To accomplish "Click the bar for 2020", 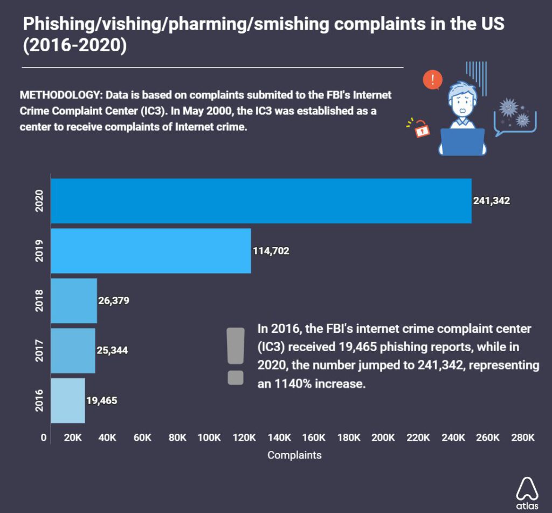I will point(261,201).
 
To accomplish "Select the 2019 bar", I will point(150,251).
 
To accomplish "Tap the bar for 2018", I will point(73,300).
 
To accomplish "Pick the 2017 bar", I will point(73,351).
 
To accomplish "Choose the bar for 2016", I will point(67,400).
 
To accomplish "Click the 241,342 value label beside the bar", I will point(492,201).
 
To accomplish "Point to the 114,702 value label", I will point(271,251).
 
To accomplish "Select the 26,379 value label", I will point(114,300).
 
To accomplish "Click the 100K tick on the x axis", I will point(211,437).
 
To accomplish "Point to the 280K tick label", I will point(523,437).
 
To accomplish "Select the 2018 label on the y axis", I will point(38,300).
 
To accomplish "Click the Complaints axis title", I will point(294,455).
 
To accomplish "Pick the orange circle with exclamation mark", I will point(432,80).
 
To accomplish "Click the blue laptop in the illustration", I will point(463,141).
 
